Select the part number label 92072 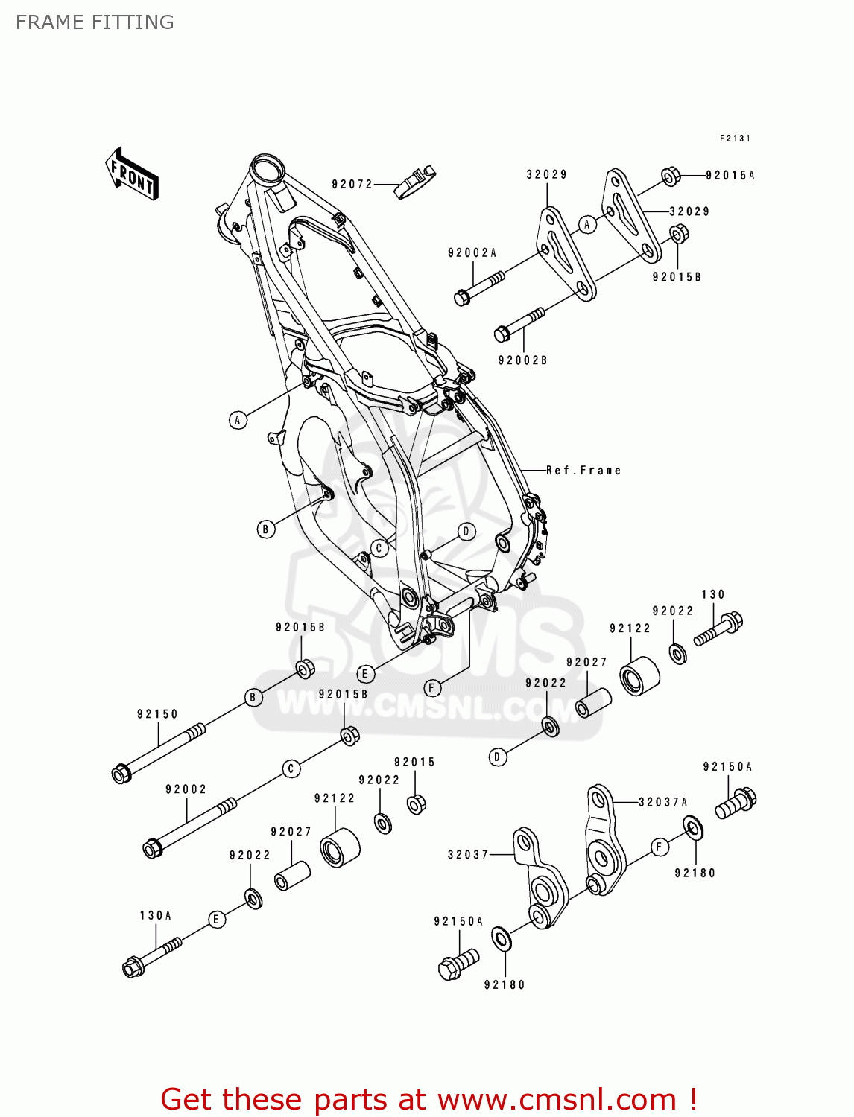352,184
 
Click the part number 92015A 730,176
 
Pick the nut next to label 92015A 671,176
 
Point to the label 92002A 472,253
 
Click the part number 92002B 522,360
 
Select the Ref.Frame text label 583,471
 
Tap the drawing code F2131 735,139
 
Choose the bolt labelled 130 720,629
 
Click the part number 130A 155,915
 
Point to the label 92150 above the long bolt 157,714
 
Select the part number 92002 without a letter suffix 186,789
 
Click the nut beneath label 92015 417,804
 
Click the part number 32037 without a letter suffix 467,855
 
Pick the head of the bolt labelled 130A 133,967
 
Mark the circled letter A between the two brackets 587,224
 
